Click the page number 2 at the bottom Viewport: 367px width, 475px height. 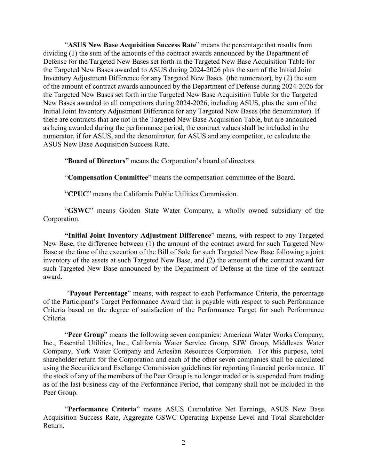pyautogui.click(x=183, y=443)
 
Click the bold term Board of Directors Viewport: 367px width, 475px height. pyautogui.click(x=96, y=161)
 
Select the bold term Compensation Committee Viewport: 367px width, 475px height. pyautogui.click(x=108, y=177)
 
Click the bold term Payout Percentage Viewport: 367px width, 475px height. pyautogui.click(x=99, y=293)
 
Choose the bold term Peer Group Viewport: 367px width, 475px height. pyautogui.click(x=86, y=335)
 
